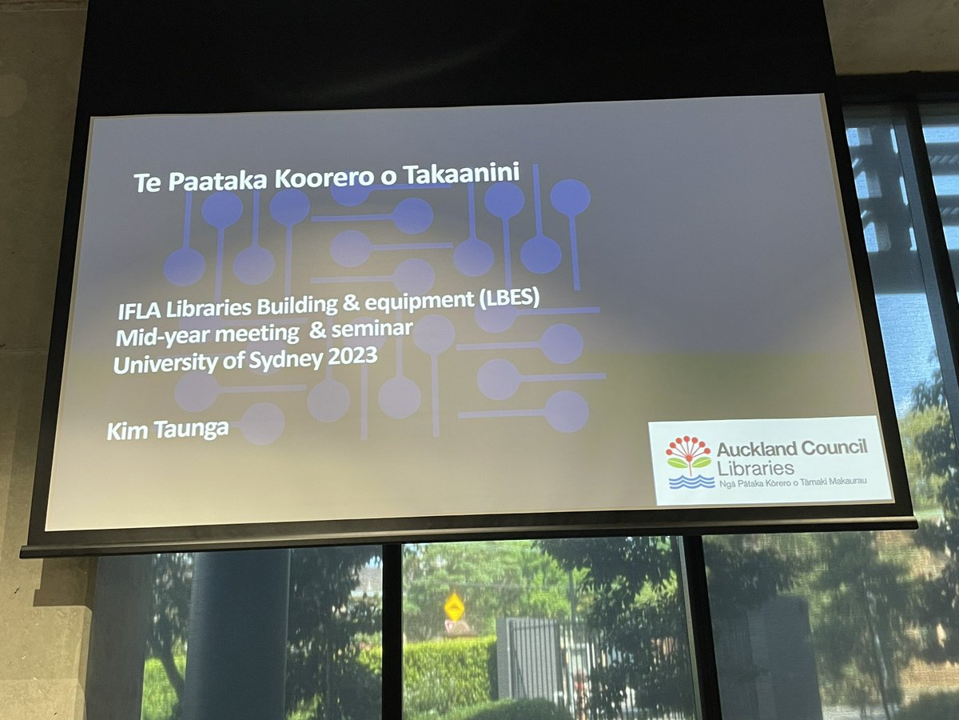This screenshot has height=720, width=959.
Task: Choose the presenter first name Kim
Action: pos(124,431)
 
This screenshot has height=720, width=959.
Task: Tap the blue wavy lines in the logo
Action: pos(690,482)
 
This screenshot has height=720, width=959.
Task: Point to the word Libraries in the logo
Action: pos(755,467)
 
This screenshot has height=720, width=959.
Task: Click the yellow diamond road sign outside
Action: pos(454,606)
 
